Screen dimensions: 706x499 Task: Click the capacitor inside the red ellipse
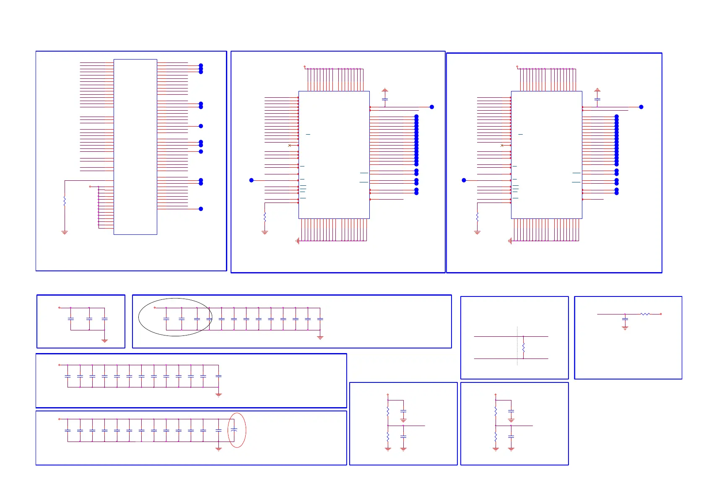click(234, 430)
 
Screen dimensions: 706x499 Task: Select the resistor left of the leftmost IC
click(65, 201)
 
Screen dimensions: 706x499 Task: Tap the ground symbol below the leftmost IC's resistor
click(65, 232)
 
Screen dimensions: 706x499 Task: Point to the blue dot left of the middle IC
click(252, 180)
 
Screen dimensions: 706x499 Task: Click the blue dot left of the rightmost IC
click(464, 180)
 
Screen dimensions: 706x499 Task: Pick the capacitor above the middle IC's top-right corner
click(385, 99)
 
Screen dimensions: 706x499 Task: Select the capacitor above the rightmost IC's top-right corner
click(597, 99)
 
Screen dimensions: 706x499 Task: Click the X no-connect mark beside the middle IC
click(289, 145)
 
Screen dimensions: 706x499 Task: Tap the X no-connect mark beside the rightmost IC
click(502, 145)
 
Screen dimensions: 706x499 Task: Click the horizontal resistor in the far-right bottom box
click(645, 314)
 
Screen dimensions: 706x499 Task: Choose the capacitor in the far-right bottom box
click(625, 320)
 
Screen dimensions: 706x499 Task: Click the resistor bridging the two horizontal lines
click(523, 347)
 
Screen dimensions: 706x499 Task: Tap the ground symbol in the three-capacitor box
click(105, 340)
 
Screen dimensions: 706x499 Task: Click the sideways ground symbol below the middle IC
click(298, 241)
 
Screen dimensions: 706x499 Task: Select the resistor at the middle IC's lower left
click(265, 217)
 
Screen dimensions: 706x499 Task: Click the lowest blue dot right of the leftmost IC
click(201, 209)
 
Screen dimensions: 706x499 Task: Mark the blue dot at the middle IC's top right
click(432, 107)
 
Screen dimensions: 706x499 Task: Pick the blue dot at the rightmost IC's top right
click(641, 107)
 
